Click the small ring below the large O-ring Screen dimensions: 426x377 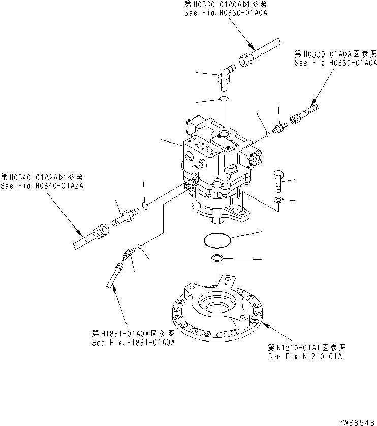(216, 258)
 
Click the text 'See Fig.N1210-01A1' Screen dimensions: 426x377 (307, 356)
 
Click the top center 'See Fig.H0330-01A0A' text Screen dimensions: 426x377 (226, 13)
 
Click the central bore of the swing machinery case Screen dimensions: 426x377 (214, 307)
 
